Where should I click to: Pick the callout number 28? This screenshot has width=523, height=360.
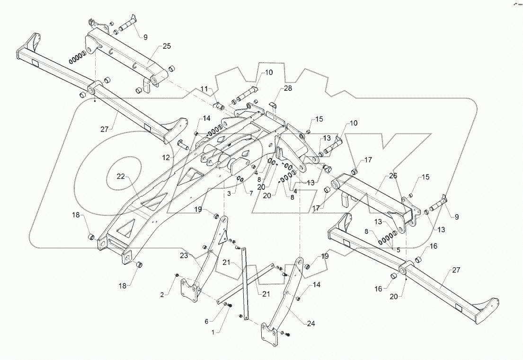pos(288,88)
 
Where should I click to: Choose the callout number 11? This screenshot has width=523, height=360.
pos(204,88)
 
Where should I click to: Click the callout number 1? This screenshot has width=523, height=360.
pos(218,332)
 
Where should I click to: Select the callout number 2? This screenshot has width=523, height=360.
pos(162,294)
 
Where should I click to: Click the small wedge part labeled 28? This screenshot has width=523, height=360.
pos(275,105)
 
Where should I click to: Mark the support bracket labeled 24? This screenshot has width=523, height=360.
pos(284,303)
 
